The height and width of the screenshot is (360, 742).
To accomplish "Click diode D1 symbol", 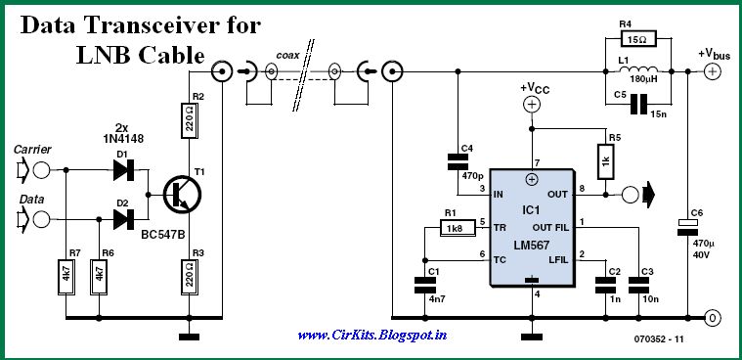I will coord(124,169).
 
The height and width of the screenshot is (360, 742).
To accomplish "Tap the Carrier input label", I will coord(32,150).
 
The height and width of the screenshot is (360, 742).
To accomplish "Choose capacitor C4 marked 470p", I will coord(456,159).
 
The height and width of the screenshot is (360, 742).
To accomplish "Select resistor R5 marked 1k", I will coord(606,159).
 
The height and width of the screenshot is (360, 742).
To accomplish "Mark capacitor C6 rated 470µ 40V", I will coord(688,227).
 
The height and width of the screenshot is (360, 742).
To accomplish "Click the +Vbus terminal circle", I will coord(714,71).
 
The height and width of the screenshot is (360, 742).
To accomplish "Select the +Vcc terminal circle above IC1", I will coord(531,104).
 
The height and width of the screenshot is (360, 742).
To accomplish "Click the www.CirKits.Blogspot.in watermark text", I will coord(371,336).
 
